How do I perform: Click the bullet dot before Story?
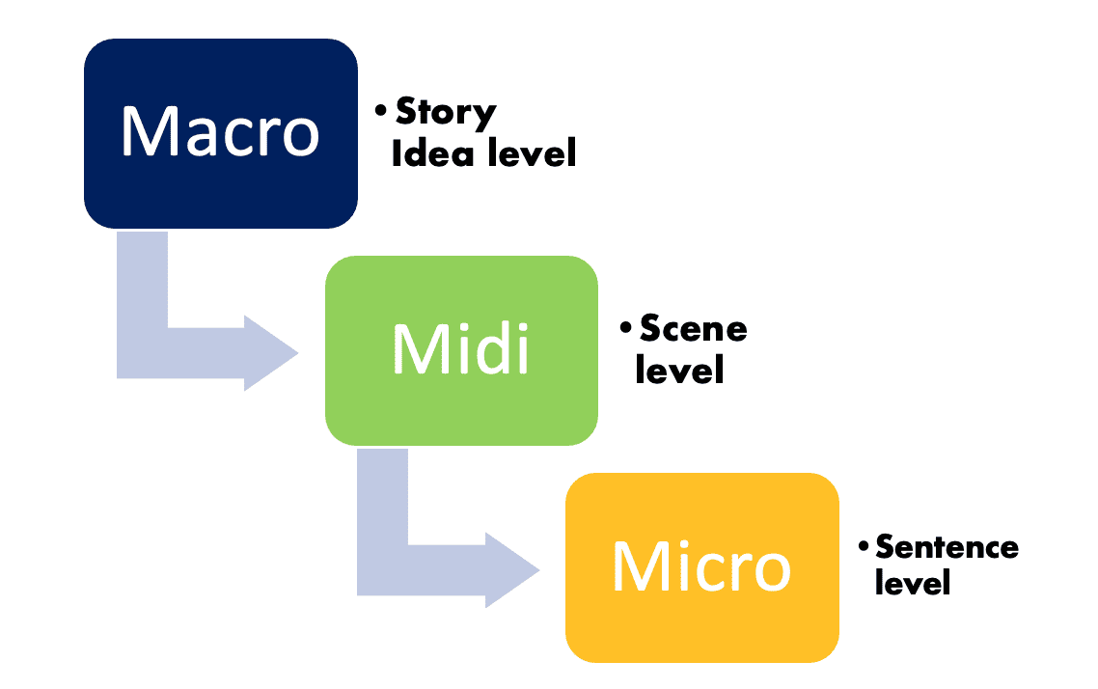383,113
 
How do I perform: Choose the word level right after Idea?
529,152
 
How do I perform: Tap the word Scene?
693,330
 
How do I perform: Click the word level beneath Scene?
679,370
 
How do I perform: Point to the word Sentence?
947,548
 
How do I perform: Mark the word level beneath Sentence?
913,583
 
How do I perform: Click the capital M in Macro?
146,132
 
